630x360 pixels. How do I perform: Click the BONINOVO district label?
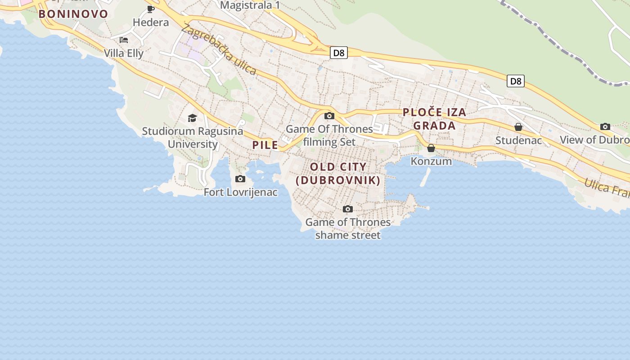pyautogui.click(x=73, y=14)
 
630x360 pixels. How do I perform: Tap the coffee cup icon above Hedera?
pyautogui.click(x=151, y=9)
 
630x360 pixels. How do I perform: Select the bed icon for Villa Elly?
pyautogui.click(x=124, y=40)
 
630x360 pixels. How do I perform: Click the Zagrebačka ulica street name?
pyautogui.click(x=219, y=49)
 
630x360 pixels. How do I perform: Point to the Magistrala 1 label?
pyautogui.click(x=250, y=5)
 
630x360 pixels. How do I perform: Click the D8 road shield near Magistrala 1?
pyautogui.click(x=338, y=53)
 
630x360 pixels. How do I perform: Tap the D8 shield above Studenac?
pyautogui.click(x=516, y=81)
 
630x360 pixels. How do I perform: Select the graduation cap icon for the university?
pyautogui.click(x=193, y=118)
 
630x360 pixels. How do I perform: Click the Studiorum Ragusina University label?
pyautogui.click(x=193, y=138)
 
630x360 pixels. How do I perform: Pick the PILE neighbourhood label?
pyautogui.click(x=265, y=145)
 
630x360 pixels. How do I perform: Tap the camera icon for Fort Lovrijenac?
pyautogui.click(x=240, y=179)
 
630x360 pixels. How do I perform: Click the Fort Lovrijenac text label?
pyautogui.click(x=241, y=193)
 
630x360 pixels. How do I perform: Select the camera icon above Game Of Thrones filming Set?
pyautogui.click(x=329, y=116)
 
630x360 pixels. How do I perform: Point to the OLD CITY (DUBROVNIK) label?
pyautogui.click(x=338, y=174)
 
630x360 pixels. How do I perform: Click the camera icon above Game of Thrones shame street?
pyautogui.click(x=348, y=209)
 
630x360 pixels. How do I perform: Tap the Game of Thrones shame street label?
pyautogui.click(x=348, y=229)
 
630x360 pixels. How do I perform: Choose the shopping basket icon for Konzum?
pyautogui.click(x=431, y=148)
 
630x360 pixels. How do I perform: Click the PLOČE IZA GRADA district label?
pyautogui.click(x=434, y=119)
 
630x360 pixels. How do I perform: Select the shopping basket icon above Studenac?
pyautogui.click(x=518, y=127)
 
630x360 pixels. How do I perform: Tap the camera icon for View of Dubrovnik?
pyautogui.click(x=605, y=127)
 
